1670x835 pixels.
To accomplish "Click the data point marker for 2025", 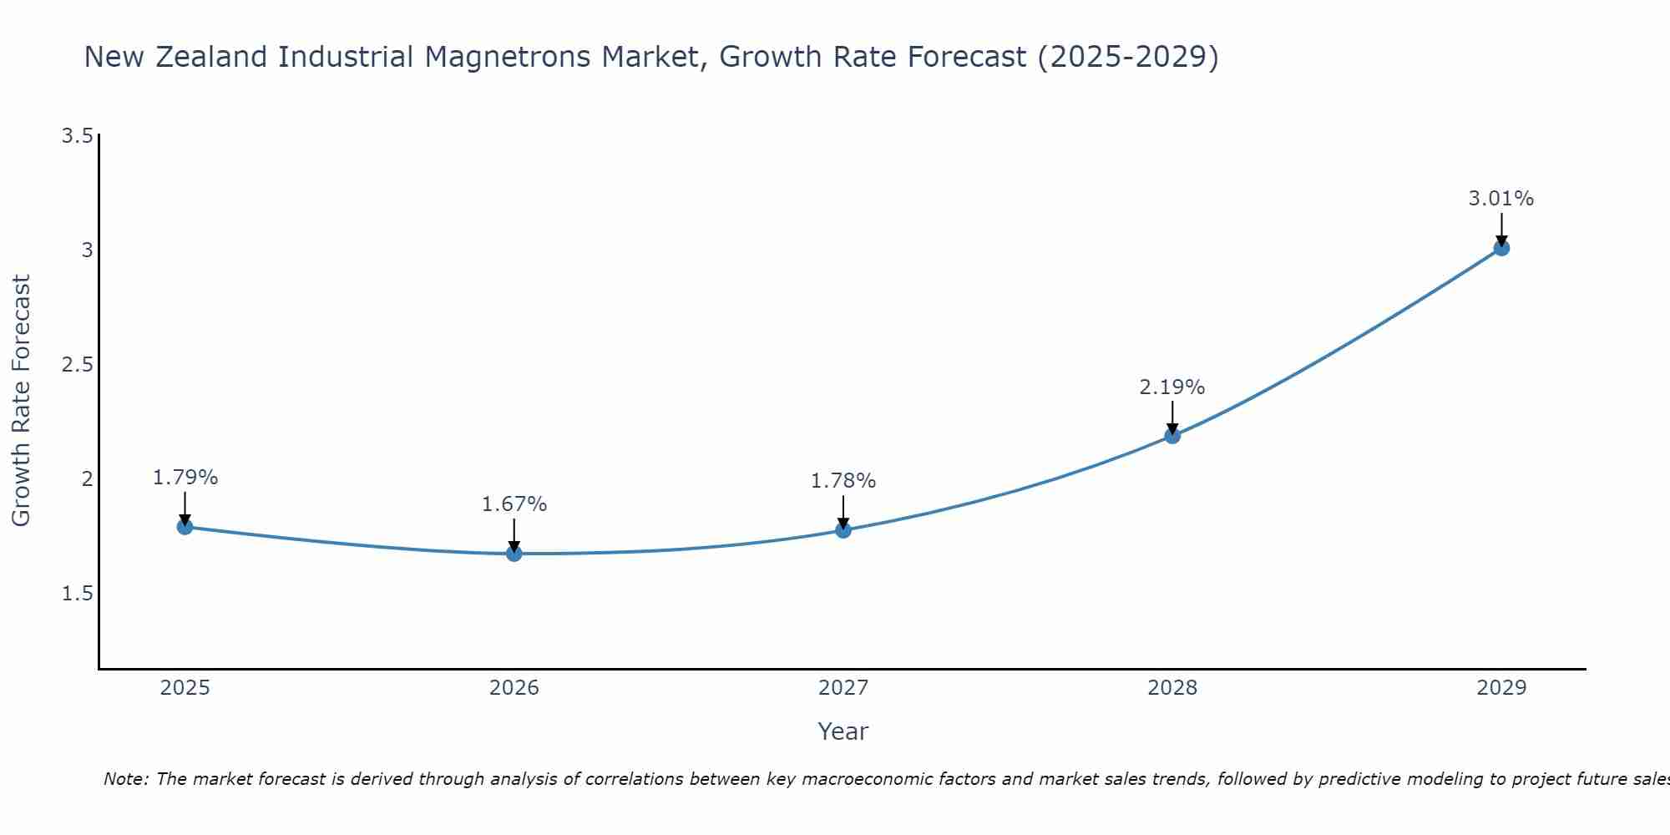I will point(185,527).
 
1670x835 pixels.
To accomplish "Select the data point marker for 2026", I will point(514,554).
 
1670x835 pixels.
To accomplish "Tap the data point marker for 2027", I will point(843,530).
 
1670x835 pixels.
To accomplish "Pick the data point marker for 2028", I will point(1172,436).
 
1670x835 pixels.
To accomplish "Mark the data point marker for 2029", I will point(1500,248).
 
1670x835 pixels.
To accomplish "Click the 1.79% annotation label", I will point(185,478).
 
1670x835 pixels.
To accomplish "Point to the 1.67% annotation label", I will point(514,504).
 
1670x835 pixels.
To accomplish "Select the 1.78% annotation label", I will point(843,481).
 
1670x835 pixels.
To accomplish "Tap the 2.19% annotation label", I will point(1172,387).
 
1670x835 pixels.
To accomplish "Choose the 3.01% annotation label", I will point(1500,199).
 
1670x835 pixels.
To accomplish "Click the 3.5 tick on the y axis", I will point(77,136).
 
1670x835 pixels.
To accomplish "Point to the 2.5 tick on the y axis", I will point(77,365).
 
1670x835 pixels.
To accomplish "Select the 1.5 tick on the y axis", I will point(77,594).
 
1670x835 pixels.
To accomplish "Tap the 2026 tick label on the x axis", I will point(514,688).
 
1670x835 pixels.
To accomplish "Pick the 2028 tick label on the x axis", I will point(1172,688).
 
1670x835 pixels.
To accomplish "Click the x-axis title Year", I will point(843,731).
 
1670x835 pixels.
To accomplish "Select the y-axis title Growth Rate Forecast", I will point(21,401).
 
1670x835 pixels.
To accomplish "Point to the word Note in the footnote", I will point(125,779).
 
